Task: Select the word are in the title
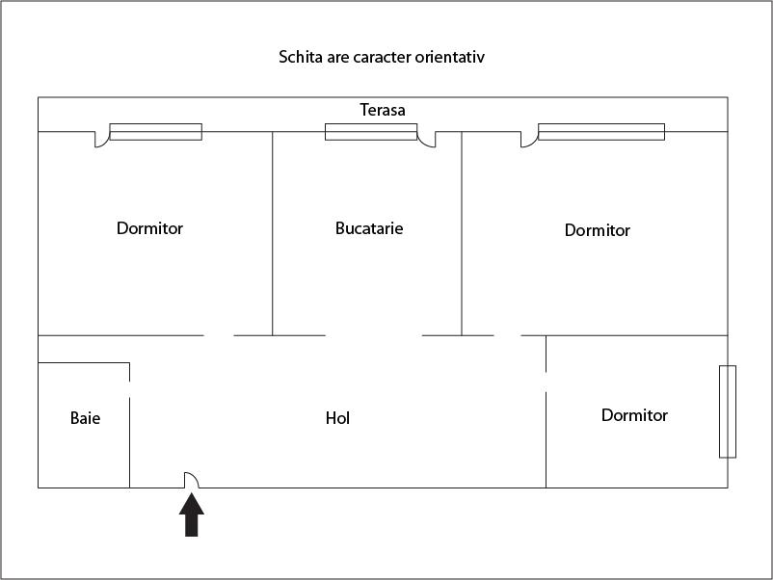[x=337, y=58]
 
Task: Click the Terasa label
[x=383, y=110]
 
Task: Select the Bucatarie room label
[x=369, y=228]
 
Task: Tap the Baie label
[x=85, y=418]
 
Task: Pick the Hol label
[x=337, y=418]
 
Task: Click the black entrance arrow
[x=191, y=514]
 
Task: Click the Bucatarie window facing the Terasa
[x=371, y=132]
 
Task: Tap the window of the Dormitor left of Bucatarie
[x=156, y=132]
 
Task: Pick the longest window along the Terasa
[x=601, y=132]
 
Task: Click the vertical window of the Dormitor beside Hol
[x=728, y=411]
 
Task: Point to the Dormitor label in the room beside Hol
[x=634, y=415]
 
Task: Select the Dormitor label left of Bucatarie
[x=149, y=228]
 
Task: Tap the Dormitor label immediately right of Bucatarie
[x=598, y=230]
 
